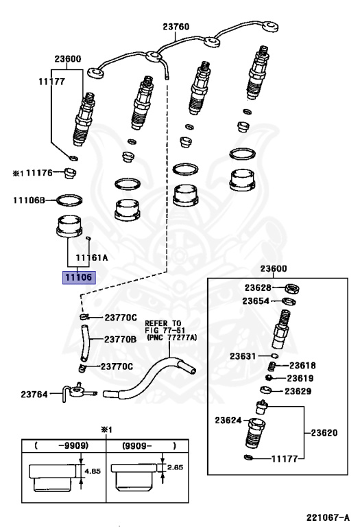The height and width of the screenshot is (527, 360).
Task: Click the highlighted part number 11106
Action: (x=79, y=278)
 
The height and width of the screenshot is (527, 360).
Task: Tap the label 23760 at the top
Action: (x=176, y=27)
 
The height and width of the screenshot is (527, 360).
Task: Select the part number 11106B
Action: (x=29, y=200)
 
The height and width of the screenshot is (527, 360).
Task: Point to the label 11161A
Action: (x=92, y=258)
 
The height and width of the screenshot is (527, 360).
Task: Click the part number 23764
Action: (x=34, y=394)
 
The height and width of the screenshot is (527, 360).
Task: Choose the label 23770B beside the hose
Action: (x=120, y=340)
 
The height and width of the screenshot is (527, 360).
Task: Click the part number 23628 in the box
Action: (x=258, y=288)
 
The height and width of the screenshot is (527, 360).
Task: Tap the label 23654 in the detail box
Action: (x=256, y=301)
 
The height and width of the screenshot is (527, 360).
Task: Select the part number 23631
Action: (x=243, y=356)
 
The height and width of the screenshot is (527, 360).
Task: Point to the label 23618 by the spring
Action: (x=302, y=365)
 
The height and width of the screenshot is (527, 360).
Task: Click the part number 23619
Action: (x=300, y=379)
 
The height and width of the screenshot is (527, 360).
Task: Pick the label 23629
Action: (x=298, y=391)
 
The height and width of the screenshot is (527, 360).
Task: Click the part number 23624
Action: (x=228, y=420)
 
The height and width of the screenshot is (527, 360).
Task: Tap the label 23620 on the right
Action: (x=324, y=432)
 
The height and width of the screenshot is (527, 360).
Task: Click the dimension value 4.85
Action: (x=93, y=471)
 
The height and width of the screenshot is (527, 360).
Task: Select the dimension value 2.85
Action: (x=175, y=467)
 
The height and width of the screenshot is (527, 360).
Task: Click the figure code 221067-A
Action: (x=328, y=517)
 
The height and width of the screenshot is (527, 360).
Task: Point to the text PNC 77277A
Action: (x=171, y=338)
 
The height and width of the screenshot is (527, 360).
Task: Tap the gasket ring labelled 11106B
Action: (x=69, y=200)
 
